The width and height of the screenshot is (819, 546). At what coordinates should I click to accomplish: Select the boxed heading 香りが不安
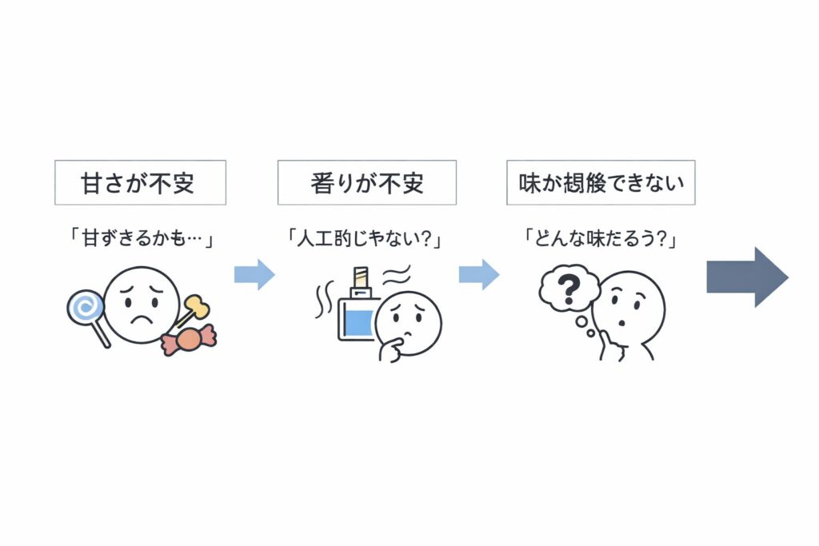[367, 182]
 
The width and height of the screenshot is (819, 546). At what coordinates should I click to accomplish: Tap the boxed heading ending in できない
[601, 182]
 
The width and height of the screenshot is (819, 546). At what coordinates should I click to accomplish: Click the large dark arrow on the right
[747, 277]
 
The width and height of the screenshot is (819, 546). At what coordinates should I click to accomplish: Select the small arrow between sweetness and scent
[254, 275]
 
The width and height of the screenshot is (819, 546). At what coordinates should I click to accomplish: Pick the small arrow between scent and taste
[478, 275]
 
